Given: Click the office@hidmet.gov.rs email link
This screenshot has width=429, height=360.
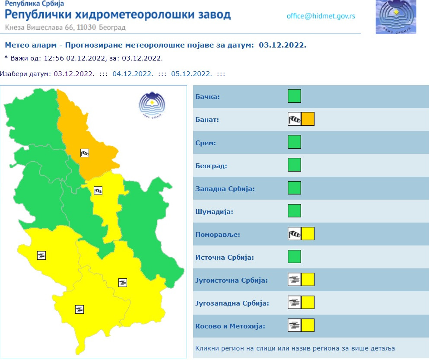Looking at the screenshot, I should [321, 16].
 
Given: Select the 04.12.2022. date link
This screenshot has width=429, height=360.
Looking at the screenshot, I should [133, 73].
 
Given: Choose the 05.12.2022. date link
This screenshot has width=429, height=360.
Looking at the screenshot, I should [191, 73].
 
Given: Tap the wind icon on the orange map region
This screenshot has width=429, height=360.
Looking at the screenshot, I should [85, 153].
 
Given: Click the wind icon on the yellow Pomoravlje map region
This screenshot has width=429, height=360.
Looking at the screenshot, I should [98, 190].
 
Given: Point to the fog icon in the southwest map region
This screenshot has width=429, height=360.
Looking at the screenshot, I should [41, 255].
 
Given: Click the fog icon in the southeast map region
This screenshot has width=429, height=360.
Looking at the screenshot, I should [123, 283].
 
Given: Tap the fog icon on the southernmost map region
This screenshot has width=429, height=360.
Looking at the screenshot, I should [79, 309].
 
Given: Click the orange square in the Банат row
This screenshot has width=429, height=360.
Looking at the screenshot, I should [308, 119].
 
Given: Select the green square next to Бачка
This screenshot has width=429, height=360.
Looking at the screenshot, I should [294, 96].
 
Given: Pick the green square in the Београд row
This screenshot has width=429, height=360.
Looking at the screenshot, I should [294, 165].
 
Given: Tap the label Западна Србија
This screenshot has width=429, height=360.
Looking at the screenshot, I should [225, 189].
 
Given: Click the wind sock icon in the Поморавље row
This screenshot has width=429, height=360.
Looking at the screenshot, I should [294, 234].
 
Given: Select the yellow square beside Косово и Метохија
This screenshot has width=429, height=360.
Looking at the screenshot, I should [308, 325].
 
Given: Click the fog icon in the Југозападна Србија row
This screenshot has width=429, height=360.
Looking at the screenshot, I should [294, 303].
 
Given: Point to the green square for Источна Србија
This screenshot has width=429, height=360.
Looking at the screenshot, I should [294, 257].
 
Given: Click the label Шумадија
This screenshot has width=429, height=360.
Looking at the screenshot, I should [214, 212].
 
